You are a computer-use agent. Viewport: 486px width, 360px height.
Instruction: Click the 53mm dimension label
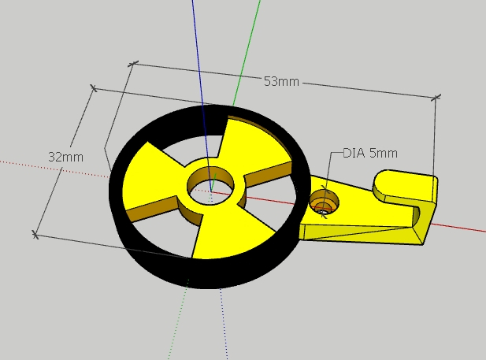(281, 82)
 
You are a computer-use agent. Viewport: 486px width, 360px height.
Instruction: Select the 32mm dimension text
(66, 158)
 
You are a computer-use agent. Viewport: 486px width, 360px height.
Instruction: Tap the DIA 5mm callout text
(370, 153)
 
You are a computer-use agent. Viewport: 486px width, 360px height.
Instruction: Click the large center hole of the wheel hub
(211, 186)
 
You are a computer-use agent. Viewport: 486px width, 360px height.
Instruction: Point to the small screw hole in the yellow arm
(324, 202)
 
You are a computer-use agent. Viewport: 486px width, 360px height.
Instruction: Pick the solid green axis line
(247, 53)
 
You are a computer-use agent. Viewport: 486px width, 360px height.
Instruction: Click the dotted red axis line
(54, 169)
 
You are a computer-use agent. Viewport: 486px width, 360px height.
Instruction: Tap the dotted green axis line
(179, 319)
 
